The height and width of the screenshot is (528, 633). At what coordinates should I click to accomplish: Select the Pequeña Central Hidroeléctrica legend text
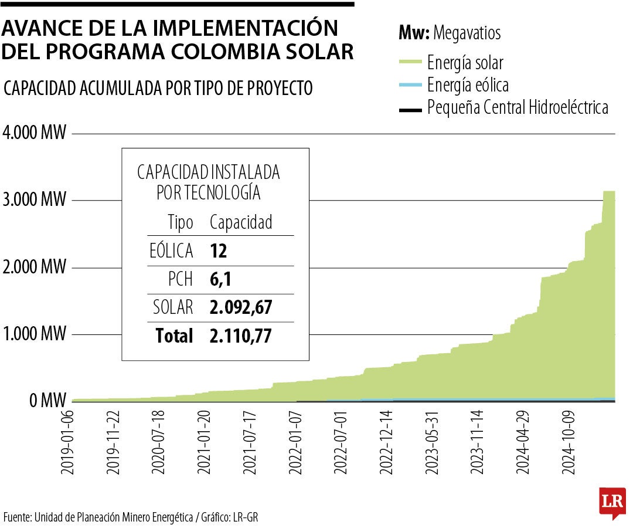pos(518,108)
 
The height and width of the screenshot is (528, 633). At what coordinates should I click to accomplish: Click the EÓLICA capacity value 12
pos(218,251)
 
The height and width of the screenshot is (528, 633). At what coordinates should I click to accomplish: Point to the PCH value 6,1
pos(220,279)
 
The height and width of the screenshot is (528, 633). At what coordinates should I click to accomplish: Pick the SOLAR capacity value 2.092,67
pos(241,307)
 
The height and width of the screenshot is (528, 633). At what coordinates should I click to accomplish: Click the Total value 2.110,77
pos(241,336)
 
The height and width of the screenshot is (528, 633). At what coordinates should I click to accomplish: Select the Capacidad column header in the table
pos(241,222)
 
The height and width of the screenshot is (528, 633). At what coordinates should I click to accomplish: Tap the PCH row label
pos(180,279)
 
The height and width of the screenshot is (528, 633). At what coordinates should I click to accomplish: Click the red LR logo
pos(612,502)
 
